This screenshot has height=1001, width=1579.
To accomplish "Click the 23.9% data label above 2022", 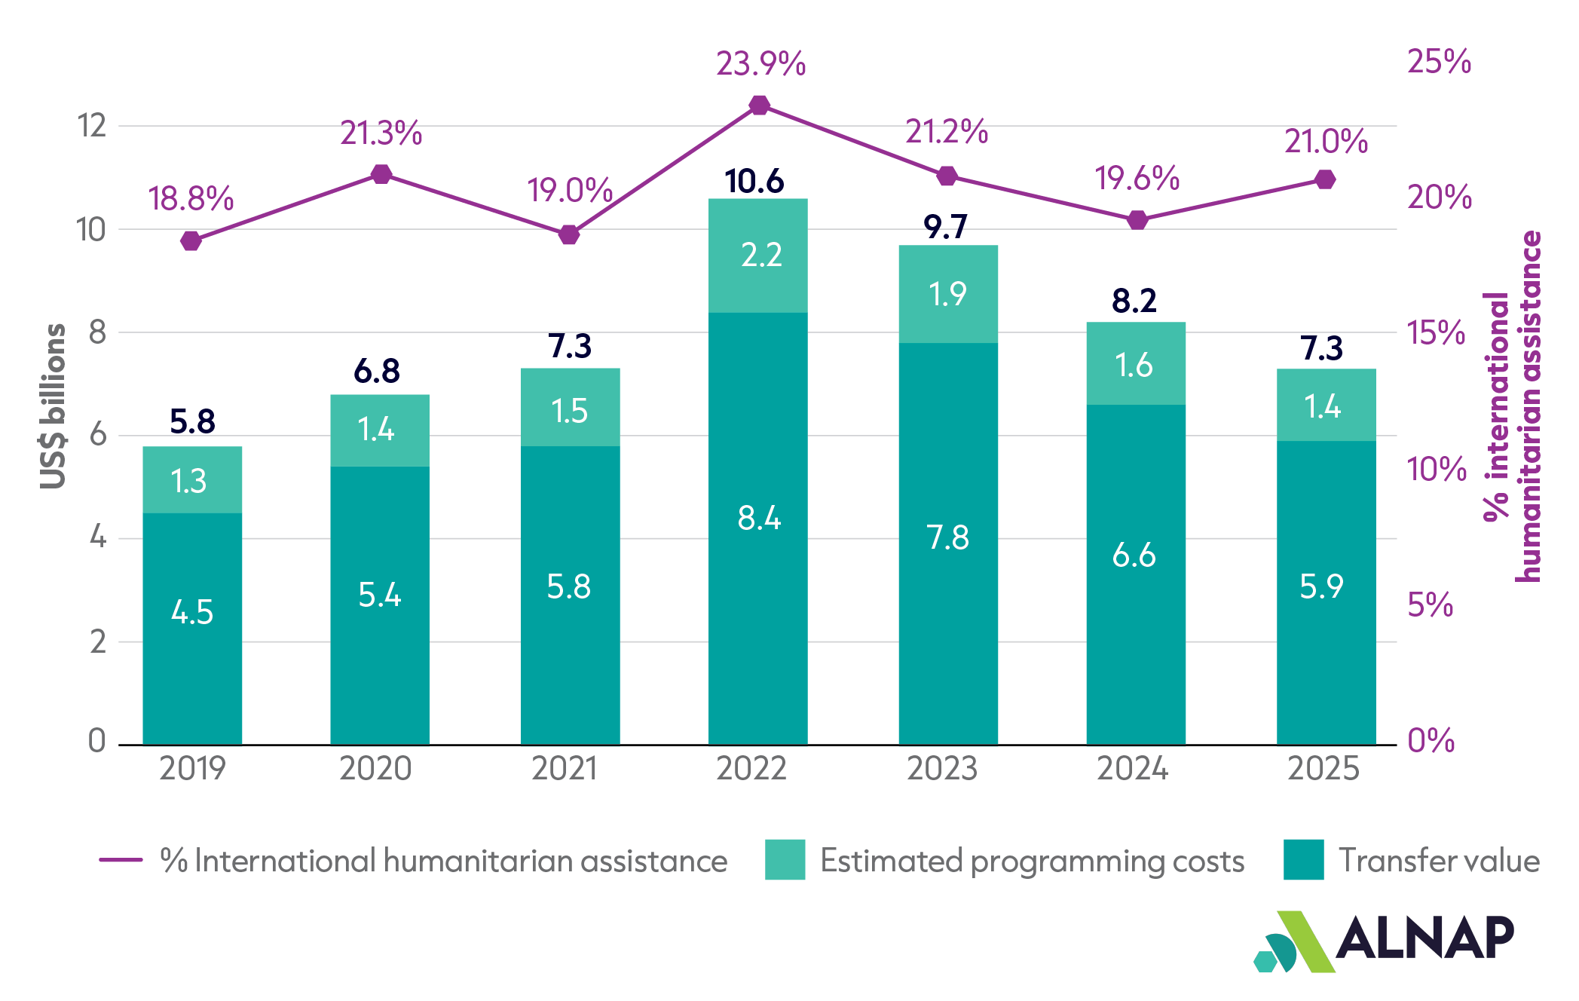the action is tap(760, 64).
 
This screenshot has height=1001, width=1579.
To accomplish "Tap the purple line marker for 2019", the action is tap(191, 241).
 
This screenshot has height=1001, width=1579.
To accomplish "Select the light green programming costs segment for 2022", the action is tap(758, 256).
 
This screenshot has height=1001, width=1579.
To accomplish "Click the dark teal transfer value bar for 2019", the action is tap(192, 629).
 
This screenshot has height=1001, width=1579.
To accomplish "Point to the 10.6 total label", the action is tap(754, 182).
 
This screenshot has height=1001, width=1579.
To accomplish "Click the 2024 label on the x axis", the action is tap(1132, 769).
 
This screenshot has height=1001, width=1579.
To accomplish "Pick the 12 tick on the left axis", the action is tap(92, 126).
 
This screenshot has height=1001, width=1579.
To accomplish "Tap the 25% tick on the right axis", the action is tap(1439, 61).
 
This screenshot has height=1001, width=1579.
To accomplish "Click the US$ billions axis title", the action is tap(53, 406).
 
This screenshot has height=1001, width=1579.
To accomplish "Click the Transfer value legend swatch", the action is tap(1304, 859).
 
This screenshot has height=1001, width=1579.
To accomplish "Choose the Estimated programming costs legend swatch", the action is tap(785, 859).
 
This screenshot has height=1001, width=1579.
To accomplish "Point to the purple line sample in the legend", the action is tap(121, 859).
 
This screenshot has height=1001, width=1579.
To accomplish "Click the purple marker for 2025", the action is tap(1326, 179).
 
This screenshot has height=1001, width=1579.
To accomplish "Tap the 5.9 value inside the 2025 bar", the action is tap(1321, 586).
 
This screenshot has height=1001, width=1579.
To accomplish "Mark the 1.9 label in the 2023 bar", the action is tap(947, 294).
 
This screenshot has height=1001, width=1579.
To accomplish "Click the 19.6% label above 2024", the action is tap(1137, 179).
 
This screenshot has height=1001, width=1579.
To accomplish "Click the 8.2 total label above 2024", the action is tap(1134, 302).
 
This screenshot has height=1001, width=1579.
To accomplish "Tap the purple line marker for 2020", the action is tap(382, 174).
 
